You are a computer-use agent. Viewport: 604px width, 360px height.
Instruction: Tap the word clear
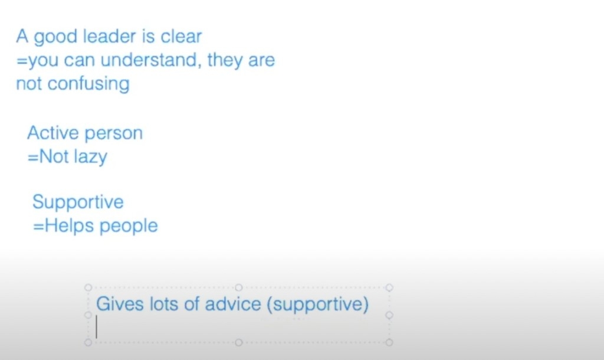coord(181,37)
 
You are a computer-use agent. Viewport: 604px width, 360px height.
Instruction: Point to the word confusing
coord(88,84)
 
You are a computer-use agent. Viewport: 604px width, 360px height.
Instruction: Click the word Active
coord(53,133)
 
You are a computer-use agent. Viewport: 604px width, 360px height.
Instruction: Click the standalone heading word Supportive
coord(78,202)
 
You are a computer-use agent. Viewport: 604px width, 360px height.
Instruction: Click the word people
coord(129,226)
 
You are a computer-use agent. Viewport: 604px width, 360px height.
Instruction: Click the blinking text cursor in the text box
coord(96,327)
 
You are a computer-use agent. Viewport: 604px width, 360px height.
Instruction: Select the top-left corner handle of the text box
coord(88,287)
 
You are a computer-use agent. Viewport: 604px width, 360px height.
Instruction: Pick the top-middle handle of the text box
coord(239,287)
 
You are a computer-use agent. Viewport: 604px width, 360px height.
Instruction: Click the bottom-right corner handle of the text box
coord(389,342)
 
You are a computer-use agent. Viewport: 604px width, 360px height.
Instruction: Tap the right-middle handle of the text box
coord(389,315)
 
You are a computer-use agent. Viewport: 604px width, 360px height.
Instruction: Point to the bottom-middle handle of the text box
coord(239,342)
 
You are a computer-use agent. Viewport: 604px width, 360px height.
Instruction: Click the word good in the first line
coord(55,37)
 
